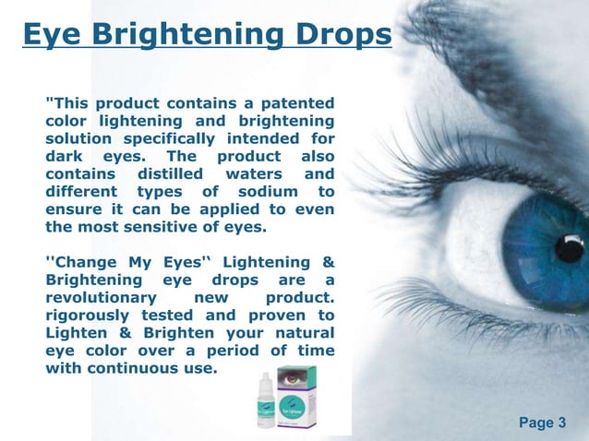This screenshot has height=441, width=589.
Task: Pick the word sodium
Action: (x=265, y=191)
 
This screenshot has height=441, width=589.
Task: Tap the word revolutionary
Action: (x=101, y=298)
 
